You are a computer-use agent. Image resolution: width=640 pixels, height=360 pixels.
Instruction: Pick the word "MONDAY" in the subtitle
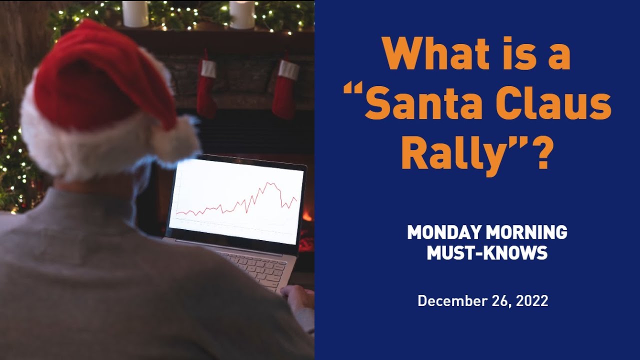[x=443, y=232]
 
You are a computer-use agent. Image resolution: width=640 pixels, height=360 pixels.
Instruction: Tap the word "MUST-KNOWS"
[x=486, y=253]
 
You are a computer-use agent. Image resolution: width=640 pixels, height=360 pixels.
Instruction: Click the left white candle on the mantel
[x=135, y=13]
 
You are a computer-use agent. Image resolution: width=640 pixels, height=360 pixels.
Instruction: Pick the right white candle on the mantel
[x=242, y=14]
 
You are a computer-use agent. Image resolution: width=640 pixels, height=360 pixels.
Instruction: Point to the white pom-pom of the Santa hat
[x=175, y=140]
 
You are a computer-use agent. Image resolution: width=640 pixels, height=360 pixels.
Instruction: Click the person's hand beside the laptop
[x=299, y=297]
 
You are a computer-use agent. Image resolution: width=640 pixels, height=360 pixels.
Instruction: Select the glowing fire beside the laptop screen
[x=306, y=215]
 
